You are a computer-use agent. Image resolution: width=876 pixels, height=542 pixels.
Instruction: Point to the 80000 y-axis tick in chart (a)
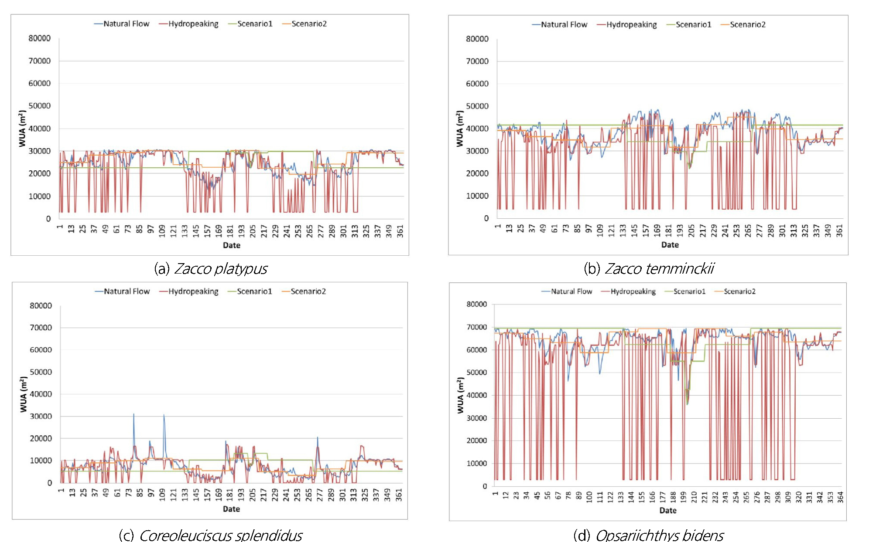pos(40,38)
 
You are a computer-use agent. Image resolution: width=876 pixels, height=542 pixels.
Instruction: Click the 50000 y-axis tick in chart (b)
pos(477,106)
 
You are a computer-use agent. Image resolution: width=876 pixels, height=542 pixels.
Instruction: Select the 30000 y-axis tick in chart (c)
pos(41,417)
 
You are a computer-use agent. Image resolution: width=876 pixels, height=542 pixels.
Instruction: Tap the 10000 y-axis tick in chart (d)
pos(477,464)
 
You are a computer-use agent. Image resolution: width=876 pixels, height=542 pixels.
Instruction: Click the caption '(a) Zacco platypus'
pos(211,269)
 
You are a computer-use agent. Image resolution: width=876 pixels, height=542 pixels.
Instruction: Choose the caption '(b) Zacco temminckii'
pos(649,269)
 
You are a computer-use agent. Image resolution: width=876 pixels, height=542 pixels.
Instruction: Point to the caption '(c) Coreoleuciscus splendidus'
pos(211,535)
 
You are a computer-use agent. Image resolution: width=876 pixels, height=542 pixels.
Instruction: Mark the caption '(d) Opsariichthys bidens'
pos(649,535)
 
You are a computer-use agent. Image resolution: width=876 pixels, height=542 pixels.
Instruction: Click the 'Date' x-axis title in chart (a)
pos(232,245)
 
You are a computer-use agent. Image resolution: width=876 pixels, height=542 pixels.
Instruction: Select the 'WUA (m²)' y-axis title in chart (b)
pos(459,129)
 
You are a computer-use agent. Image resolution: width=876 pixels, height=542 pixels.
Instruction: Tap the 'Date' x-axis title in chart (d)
pos(668,510)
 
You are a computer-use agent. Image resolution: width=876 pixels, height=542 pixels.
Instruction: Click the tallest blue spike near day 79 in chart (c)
pos(133,415)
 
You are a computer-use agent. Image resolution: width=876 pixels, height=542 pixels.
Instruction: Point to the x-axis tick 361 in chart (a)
pos(400,231)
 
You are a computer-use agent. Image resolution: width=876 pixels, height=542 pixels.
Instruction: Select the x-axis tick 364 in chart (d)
pos(840,497)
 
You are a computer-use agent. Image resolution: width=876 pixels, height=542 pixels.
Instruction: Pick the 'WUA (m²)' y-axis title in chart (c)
pos(23,395)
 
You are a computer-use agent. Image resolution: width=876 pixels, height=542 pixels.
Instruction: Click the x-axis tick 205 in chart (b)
pos(691,231)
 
